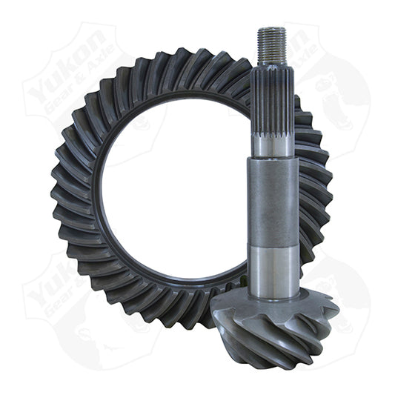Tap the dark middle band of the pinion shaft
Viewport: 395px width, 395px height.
tap(273, 200)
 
